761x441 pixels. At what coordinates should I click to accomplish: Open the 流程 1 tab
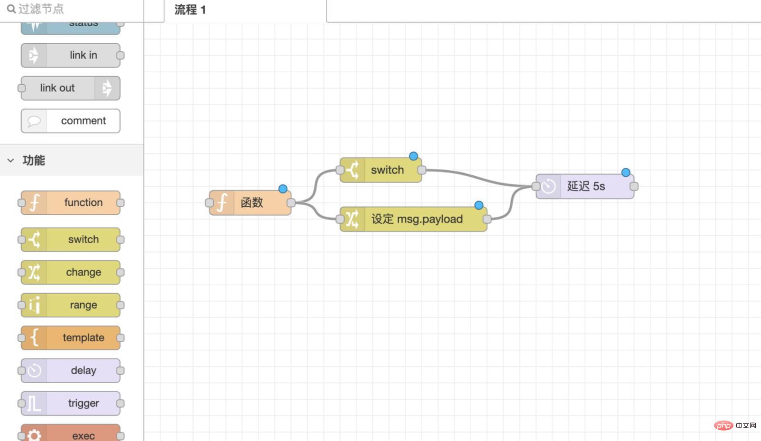click(190, 10)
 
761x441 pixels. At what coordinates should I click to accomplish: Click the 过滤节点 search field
click(71, 9)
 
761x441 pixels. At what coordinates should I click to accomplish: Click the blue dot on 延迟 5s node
click(626, 173)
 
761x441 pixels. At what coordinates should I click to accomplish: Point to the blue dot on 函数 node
click(283, 189)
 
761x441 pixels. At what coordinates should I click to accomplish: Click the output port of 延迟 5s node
click(634, 186)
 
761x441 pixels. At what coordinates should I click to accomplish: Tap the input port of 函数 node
click(209, 203)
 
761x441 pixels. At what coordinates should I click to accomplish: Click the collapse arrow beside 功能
click(10, 161)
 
